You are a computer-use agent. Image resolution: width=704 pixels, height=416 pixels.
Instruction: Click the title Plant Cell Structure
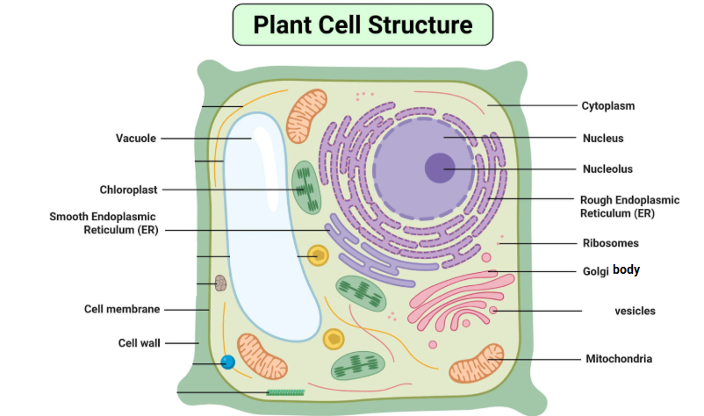(363, 25)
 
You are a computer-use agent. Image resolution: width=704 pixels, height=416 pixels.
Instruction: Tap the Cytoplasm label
(607, 106)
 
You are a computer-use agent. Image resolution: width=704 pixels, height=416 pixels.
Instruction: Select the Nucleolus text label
(607, 169)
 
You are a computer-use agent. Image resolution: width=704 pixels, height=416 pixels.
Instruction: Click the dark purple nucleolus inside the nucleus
(440, 168)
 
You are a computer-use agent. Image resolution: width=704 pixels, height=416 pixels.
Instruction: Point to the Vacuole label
(136, 138)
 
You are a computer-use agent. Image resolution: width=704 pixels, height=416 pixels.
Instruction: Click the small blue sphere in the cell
(228, 362)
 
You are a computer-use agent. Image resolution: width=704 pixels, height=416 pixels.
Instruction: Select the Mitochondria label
(619, 359)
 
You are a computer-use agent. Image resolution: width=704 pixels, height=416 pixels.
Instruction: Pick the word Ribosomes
(610, 243)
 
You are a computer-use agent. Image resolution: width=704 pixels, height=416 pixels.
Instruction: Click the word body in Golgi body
(626, 270)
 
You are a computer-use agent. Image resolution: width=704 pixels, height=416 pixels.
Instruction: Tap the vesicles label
(635, 311)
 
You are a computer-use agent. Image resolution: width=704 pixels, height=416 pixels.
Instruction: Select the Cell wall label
(140, 342)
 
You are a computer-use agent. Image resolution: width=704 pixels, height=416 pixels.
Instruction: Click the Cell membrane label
(122, 309)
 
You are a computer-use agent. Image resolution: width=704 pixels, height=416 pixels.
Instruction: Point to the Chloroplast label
(128, 190)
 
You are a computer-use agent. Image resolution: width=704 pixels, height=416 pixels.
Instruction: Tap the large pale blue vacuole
(268, 228)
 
